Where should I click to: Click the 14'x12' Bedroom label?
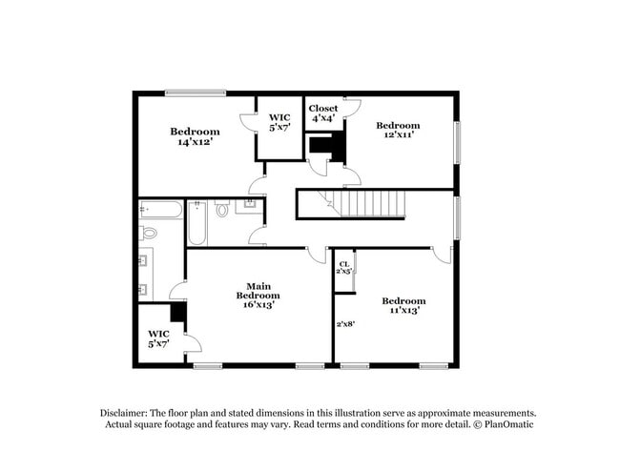[195, 136]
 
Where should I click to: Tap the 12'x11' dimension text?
[398, 136]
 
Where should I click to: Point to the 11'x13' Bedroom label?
[404, 304]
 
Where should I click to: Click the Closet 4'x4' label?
[323, 113]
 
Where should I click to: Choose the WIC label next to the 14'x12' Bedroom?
[279, 122]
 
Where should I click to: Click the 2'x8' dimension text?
[345, 324]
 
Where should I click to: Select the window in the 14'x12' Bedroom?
[195, 92]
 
